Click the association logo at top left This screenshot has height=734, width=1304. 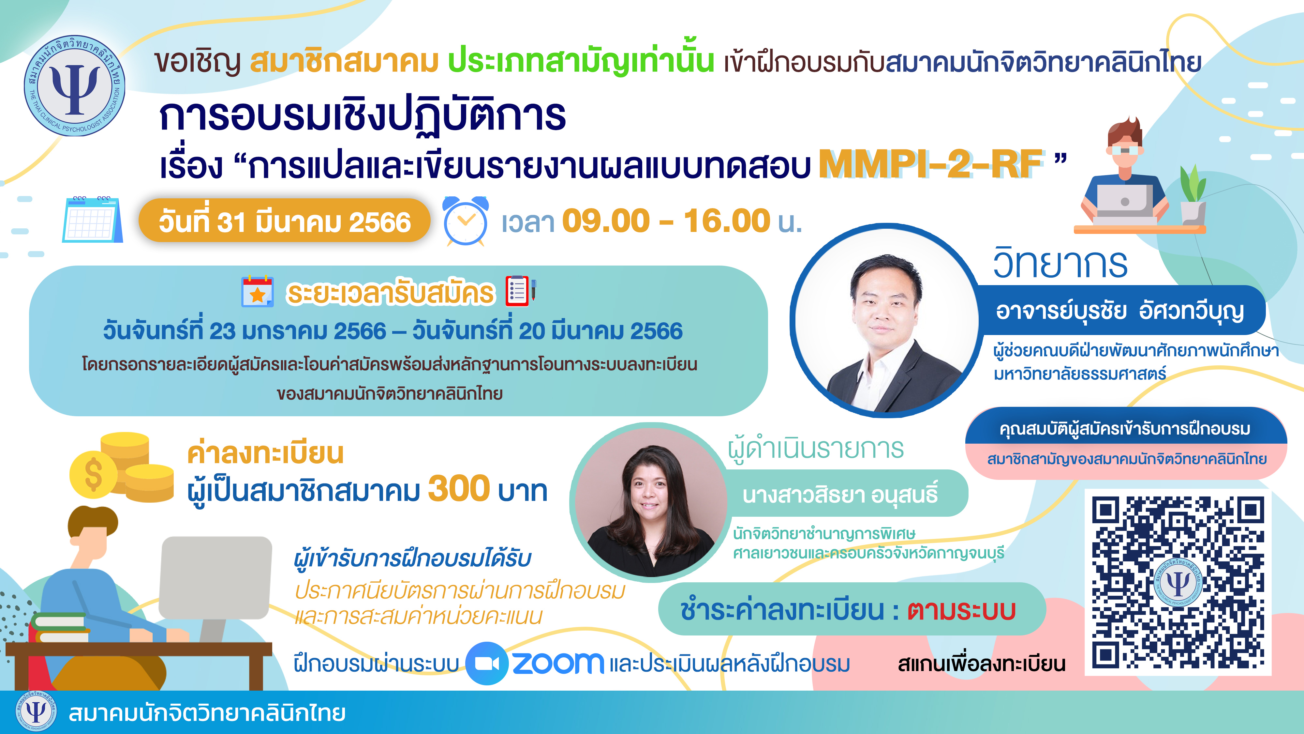(x=75, y=85)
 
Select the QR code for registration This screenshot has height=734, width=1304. (x=1178, y=583)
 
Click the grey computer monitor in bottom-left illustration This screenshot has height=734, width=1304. (x=215, y=577)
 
